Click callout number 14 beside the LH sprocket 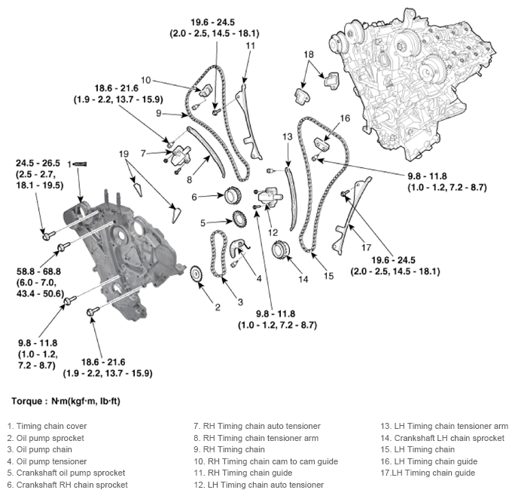click(303, 279)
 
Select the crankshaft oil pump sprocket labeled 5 click(238, 222)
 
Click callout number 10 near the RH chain click(145, 79)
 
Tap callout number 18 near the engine click(309, 54)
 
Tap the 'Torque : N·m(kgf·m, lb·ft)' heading click(66, 401)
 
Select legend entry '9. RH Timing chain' click(229, 450)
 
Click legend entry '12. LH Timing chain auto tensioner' click(258, 485)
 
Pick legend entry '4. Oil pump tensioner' click(45, 461)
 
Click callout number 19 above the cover click(124, 154)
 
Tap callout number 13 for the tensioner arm click(287, 136)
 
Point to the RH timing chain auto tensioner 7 click(181, 156)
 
